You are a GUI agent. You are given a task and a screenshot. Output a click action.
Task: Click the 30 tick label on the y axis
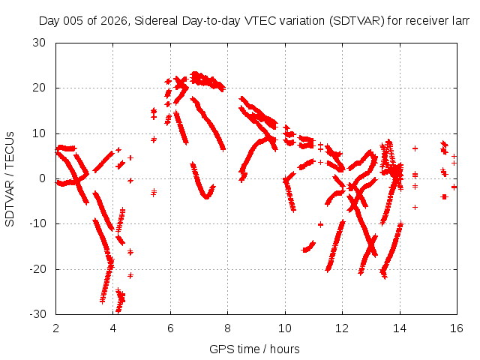[x=39, y=43]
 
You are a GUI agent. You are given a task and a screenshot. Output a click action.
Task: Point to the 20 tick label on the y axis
[x=39, y=88]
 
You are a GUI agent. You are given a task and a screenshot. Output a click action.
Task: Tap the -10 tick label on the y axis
[x=37, y=223]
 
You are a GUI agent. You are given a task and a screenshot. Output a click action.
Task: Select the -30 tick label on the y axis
[x=37, y=314]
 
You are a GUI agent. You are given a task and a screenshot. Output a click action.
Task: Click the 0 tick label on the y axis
[x=43, y=178]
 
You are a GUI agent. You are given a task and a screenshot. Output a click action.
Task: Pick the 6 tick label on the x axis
[x=170, y=328]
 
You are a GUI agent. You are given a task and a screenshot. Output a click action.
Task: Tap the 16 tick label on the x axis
[x=457, y=328]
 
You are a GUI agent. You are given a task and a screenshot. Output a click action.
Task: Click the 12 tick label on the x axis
[x=342, y=328]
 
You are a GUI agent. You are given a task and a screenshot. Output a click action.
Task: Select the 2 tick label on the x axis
[x=55, y=328]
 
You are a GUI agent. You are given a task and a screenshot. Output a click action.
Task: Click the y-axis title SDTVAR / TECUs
[x=10, y=179]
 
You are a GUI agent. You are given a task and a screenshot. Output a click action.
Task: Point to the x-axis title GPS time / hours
[x=254, y=349]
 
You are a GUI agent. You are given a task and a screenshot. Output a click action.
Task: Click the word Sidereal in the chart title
[x=156, y=21]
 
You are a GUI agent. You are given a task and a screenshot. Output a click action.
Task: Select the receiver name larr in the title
[x=460, y=21]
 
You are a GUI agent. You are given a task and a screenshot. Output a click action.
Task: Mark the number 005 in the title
[x=73, y=21]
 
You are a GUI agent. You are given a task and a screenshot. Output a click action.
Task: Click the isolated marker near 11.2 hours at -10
[x=320, y=225]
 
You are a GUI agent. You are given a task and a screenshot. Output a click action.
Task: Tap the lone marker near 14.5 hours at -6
[x=415, y=207]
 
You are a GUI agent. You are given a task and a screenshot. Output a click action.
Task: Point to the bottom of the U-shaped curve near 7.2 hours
[x=207, y=196]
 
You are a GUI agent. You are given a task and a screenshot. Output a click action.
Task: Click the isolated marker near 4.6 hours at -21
[x=130, y=275]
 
